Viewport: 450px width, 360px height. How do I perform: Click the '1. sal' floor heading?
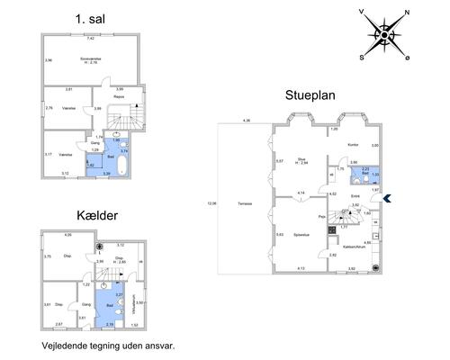(89, 17)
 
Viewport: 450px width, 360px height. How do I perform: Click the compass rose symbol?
(384, 34)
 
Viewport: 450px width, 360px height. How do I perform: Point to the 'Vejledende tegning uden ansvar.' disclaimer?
(107, 345)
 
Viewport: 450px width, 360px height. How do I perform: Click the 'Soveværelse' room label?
(88, 59)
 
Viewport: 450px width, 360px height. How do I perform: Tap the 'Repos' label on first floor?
(130, 96)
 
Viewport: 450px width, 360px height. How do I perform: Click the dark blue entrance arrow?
(388, 199)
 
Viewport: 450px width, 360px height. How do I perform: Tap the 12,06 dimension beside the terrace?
(211, 203)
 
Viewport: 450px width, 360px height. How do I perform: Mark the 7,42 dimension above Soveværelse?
(91, 39)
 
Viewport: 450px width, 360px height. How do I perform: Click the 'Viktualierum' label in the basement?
(134, 301)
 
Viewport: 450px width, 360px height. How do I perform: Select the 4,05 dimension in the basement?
(67, 236)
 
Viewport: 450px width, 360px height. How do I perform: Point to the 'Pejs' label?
(321, 217)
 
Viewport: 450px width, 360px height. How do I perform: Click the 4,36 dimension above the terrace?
(247, 121)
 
